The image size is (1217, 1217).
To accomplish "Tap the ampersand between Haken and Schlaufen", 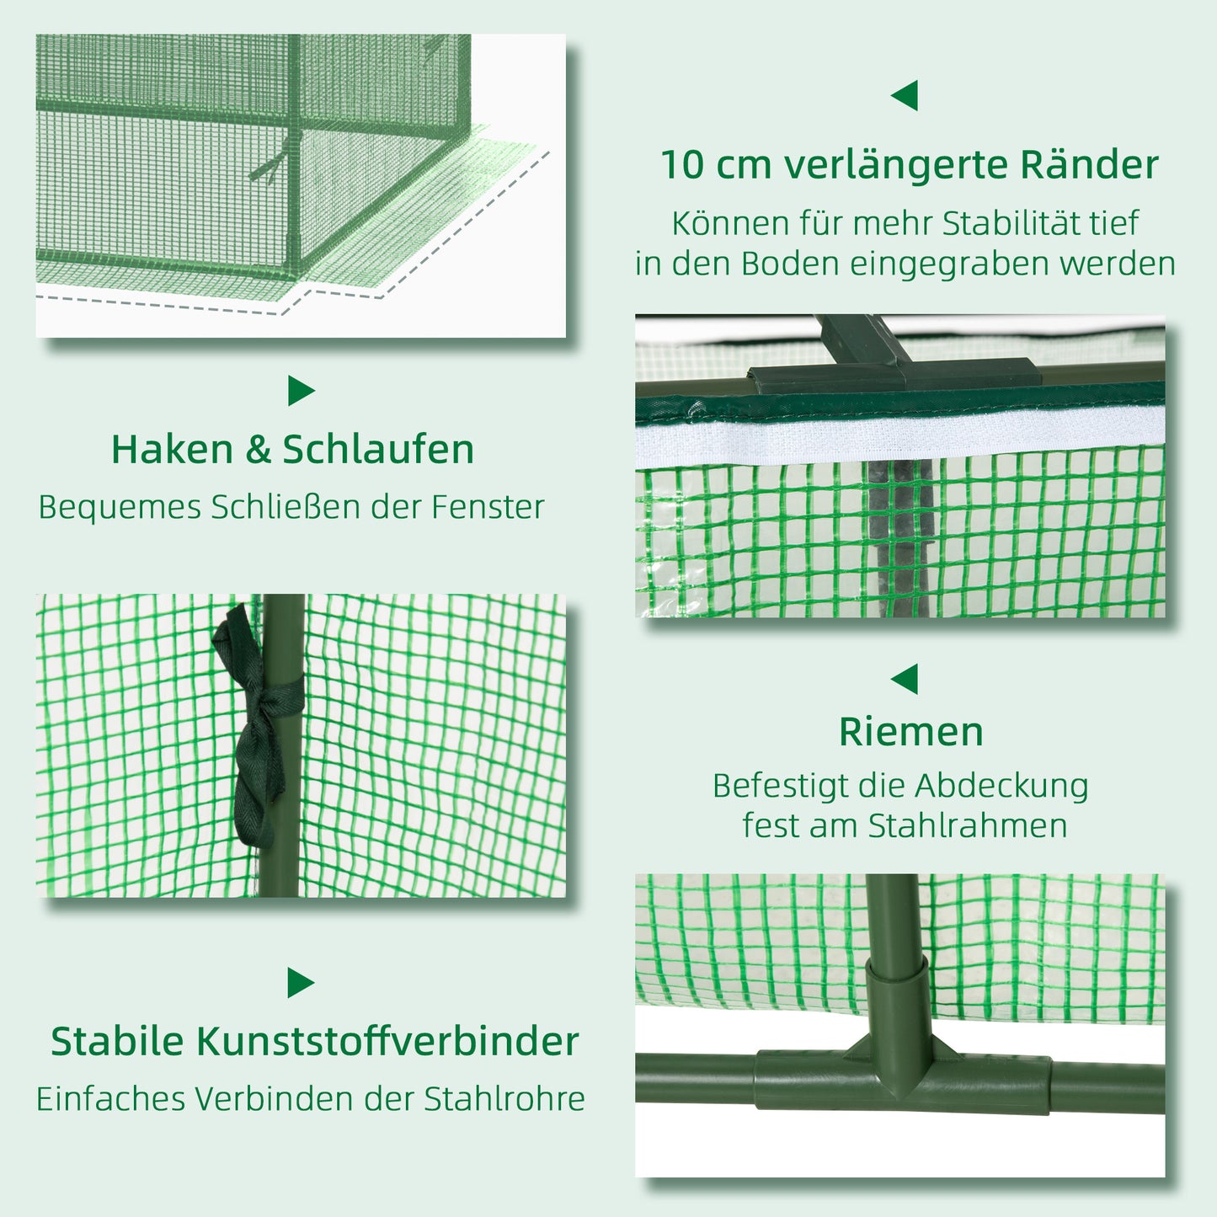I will click(258, 451).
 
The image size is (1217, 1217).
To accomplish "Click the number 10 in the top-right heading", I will click(681, 165).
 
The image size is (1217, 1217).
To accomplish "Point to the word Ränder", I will click(1089, 165).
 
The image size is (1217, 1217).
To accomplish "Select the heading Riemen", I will click(910, 732).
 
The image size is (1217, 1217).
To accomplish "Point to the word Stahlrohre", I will click(504, 1099).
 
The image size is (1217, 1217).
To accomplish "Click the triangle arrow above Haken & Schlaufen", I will click(300, 391).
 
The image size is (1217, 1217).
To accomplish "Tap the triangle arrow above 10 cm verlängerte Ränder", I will click(905, 96).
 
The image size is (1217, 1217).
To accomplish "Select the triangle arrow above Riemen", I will click(905, 679).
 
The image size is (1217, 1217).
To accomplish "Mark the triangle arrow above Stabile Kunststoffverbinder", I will click(300, 983).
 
